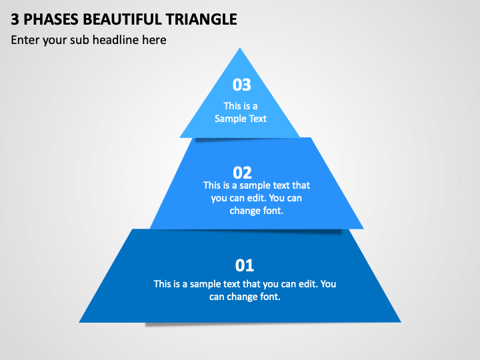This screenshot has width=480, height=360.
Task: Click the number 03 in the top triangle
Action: (241, 85)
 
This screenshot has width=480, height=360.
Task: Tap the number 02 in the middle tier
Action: (242, 173)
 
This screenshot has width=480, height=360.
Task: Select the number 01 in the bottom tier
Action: (244, 265)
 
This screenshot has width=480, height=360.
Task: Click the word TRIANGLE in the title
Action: (201, 19)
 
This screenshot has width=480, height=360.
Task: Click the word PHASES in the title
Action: (51, 19)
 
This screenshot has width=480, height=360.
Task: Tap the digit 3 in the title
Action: (15, 19)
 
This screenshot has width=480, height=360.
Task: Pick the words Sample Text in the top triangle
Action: (240, 119)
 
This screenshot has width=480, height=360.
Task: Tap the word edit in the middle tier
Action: (257, 198)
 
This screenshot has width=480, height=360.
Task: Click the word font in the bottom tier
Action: (270, 296)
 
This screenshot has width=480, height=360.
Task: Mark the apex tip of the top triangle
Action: (240, 48)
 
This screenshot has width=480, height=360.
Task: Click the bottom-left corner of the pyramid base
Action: (79, 322)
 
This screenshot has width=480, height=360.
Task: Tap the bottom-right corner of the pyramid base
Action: (401, 322)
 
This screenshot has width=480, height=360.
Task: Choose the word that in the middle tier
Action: (301, 185)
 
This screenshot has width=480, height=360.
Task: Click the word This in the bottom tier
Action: (162, 284)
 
